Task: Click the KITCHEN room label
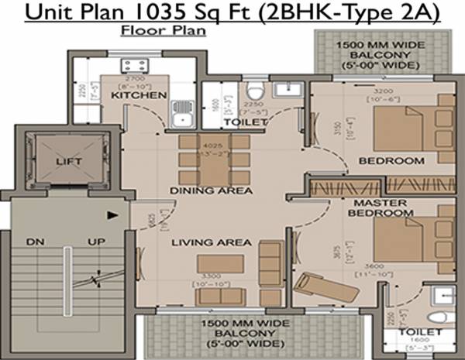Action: tap(139, 95)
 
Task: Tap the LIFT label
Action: tap(68, 162)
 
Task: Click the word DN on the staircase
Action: tap(34, 242)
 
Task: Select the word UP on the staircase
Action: tap(96, 242)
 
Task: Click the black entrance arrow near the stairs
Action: tap(114, 216)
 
